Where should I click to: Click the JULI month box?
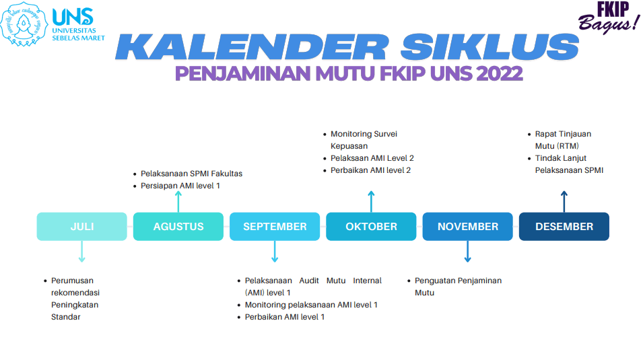click(x=81, y=226)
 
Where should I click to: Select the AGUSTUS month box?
click(x=178, y=226)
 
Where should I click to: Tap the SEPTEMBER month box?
click(x=275, y=226)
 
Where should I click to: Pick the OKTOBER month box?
click(x=371, y=226)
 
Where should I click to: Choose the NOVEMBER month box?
click(x=468, y=226)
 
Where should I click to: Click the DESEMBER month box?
click(x=564, y=226)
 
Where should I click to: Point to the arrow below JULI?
click(x=81, y=251)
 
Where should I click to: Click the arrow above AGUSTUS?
click(x=178, y=201)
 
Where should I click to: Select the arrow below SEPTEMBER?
click(x=275, y=251)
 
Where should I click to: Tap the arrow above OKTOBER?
click(x=371, y=201)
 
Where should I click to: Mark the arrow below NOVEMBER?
click(x=468, y=251)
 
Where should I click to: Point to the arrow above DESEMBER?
click(x=564, y=201)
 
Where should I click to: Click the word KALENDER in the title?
click(x=252, y=47)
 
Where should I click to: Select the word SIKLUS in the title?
click(x=490, y=47)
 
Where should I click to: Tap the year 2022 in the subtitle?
click(x=499, y=73)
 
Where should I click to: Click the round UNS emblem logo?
click(x=24, y=24)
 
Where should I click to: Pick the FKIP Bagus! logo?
click(x=609, y=17)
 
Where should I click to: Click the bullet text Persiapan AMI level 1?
click(x=180, y=186)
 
